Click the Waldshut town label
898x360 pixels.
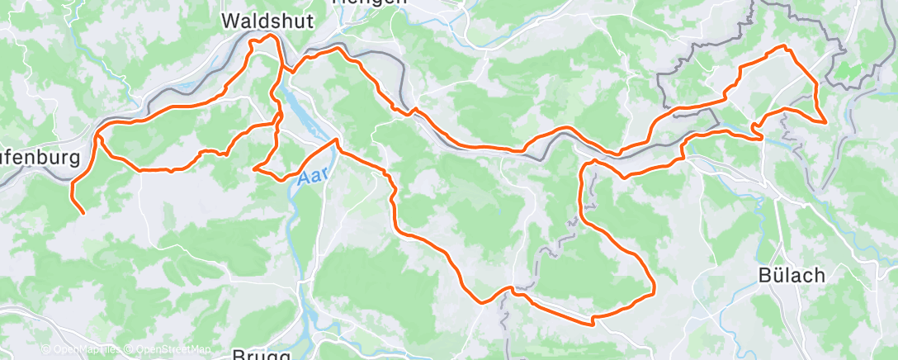pyautogui.click(x=268, y=22)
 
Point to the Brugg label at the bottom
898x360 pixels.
pyautogui.click(x=262, y=354)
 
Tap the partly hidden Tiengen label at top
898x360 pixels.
pyautogui.click(x=370, y=2)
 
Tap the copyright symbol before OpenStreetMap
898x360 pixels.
pyautogui.click(x=128, y=350)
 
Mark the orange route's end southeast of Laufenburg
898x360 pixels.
pyautogui.click(x=83, y=213)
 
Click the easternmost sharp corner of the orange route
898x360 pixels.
pyautogui.click(x=825, y=121)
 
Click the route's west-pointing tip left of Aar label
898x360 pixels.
pyautogui.click(x=255, y=168)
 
